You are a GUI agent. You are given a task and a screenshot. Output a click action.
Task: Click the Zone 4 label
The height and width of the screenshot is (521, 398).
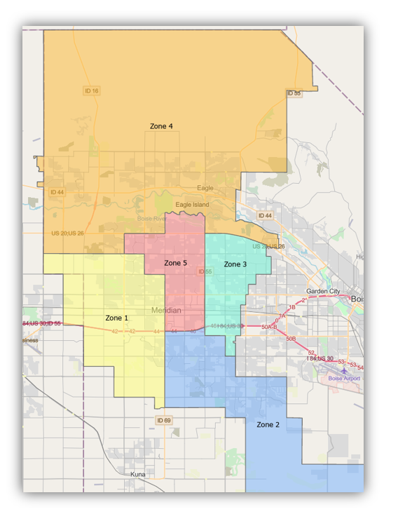161,126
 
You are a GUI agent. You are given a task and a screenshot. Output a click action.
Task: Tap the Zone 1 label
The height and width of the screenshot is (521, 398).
117,318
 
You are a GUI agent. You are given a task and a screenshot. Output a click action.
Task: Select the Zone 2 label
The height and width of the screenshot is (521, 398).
268,425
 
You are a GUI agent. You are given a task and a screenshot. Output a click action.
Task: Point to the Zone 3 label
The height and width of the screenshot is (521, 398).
235,264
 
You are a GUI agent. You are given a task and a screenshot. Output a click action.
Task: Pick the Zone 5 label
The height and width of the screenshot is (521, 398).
175,263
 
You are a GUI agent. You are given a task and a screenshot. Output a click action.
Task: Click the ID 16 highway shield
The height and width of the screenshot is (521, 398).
91,90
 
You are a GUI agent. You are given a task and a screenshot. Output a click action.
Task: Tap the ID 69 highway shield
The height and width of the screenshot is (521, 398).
164,420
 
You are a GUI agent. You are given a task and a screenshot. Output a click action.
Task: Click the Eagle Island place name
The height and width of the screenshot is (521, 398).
192,205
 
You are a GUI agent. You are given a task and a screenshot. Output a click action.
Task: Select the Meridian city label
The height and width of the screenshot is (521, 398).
166,310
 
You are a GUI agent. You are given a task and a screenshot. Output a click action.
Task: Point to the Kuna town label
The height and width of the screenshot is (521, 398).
138,474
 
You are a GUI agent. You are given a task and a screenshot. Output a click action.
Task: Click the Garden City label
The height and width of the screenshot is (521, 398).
322,291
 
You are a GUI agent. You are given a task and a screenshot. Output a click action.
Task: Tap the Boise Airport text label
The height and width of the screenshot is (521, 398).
344,379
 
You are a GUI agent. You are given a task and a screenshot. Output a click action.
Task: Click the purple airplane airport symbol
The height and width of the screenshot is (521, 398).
344,370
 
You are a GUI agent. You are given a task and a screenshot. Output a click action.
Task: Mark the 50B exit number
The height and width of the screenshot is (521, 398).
290,339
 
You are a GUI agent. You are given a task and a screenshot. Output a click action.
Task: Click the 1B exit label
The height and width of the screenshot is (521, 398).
293,307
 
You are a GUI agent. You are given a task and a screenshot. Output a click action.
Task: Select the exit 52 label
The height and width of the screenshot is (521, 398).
311,352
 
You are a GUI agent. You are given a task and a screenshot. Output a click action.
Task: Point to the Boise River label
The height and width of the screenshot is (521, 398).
151,219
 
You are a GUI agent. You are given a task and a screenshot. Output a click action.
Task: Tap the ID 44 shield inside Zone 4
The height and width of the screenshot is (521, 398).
57,191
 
